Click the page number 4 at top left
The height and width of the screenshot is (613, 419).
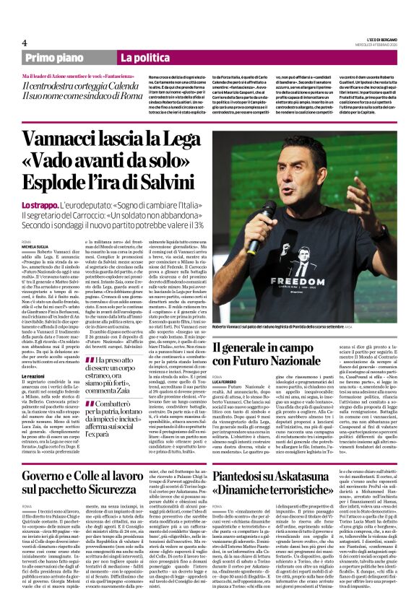pyautogui.click(x=25, y=43)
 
